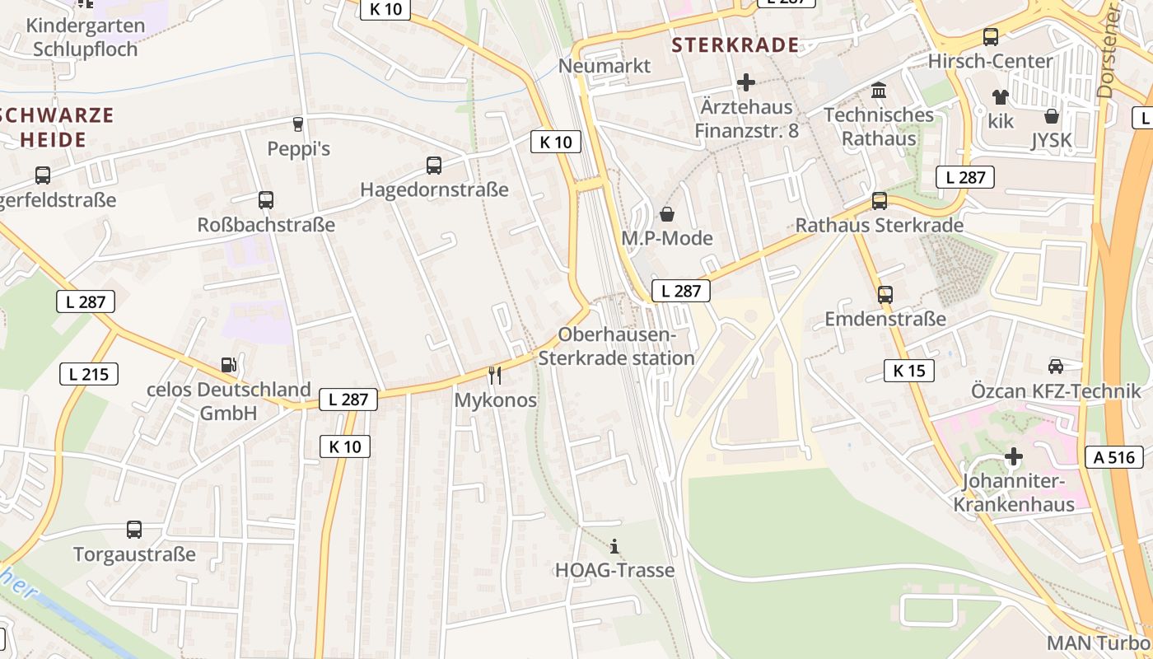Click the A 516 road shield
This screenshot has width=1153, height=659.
[1114, 457]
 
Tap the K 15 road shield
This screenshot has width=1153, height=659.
[909, 371]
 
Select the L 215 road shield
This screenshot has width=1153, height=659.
[88, 374]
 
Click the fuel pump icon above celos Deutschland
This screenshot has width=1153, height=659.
[228, 363]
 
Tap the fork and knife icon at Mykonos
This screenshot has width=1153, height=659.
[494, 376]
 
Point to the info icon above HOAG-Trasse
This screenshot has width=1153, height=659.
[614, 546]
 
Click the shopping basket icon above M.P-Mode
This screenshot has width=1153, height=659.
[666, 214]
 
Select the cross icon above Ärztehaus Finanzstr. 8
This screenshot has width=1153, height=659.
[746, 82]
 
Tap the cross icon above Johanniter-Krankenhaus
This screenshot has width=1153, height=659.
[1014, 456]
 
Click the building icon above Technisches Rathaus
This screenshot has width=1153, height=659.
[879, 90]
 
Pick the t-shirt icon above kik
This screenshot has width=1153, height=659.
[1001, 96]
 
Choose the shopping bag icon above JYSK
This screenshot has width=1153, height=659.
[1052, 115]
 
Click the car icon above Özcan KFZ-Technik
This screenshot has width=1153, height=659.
[1055, 366]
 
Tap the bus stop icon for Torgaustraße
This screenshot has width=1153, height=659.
[134, 529]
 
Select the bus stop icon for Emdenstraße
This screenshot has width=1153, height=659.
[885, 294]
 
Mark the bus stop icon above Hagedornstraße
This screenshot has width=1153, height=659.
[434, 165]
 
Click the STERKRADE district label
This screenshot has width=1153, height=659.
[735, 44]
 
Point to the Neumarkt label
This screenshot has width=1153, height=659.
[605, 66]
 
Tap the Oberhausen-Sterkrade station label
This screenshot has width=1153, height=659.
[616, 347]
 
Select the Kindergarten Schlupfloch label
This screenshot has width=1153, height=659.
[86, 37]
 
